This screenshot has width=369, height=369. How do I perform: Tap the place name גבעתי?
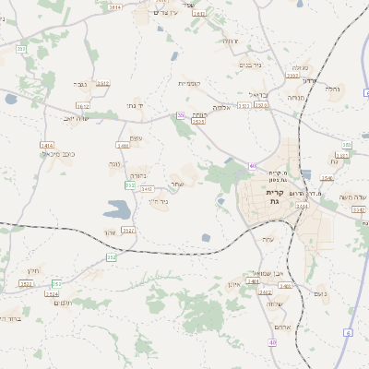pyautogui.click(x=79, y=84)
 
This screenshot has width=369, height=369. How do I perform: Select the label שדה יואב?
pyautogui.click(x=75, y=118)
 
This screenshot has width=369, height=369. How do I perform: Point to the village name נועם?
pyautogui.click(x=320, y=293)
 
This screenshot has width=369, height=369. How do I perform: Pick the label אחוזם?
pyautogui.click(x=284, y=327)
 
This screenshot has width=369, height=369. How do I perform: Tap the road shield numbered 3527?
pyautogui.click(x=128, y=230)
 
